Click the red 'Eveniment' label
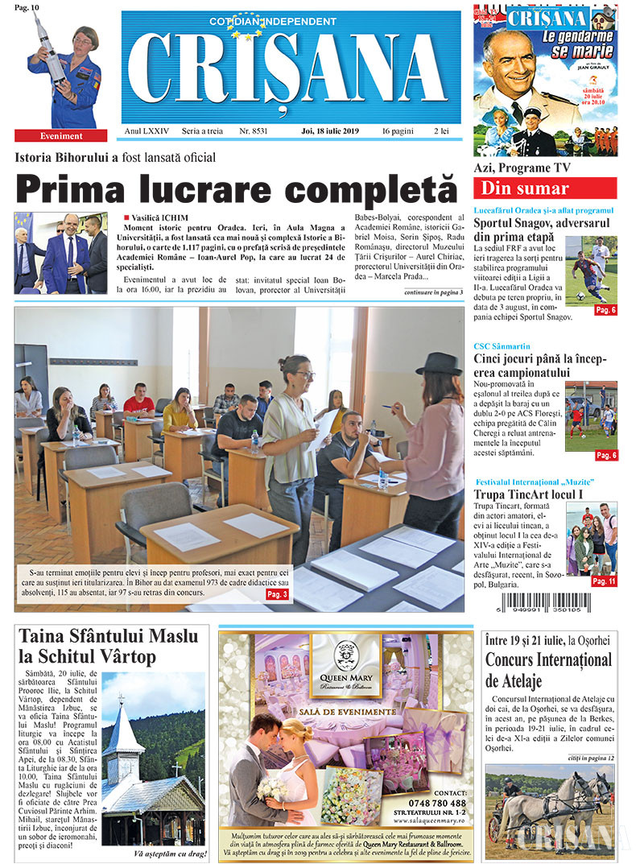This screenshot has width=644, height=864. coord(61,136)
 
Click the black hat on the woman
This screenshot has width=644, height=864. coord(439,364)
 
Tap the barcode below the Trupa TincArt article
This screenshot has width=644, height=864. coord(555,606)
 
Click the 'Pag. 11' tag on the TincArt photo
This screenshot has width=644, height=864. coord(604,581)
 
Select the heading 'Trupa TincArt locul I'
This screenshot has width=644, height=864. coord(528,494)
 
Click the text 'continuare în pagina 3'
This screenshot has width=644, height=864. coord(433,291)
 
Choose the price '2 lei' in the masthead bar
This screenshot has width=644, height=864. coord(442,130)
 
